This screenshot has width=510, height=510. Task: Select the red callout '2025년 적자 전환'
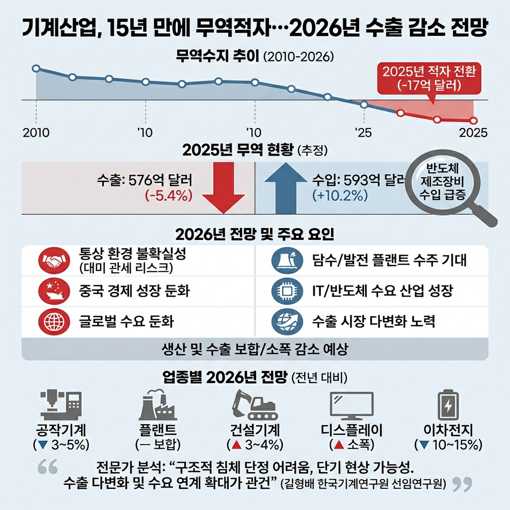point(429,78)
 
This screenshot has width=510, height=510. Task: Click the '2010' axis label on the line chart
point(36,133)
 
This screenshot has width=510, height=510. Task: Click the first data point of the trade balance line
point(36,68)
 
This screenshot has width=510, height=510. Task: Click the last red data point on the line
point(474,121)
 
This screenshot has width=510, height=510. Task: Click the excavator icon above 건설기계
point(255,404)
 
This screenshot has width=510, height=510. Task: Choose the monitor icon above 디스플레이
point(352,406)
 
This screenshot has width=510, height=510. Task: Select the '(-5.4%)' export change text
point(168,196)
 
